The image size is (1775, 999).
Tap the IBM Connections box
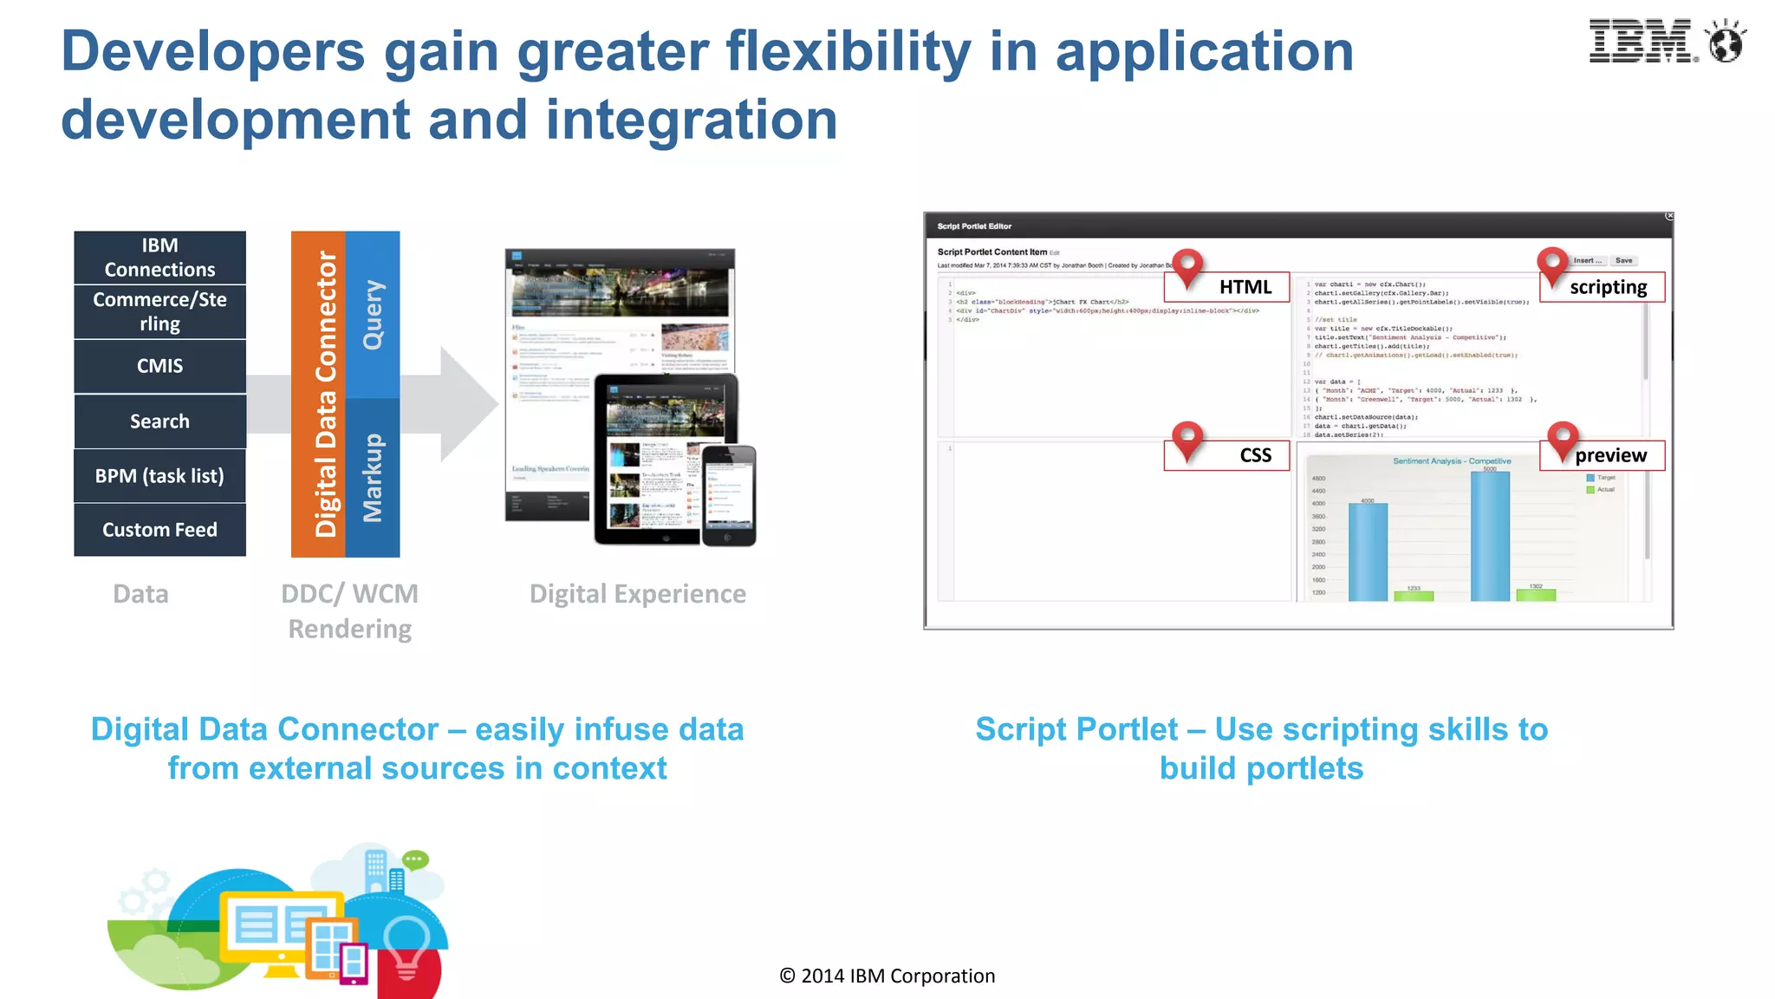click(x=159, y=258)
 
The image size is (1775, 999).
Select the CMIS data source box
click(x=159, y=366)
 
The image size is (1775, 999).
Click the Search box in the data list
click(x=159, y=421)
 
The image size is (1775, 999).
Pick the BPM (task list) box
click(x=159, y=476)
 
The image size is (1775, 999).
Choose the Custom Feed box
click(x=159, y=530)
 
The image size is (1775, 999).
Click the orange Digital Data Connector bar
click(x=318, y=395)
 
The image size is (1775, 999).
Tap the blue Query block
click(x=373, y=314)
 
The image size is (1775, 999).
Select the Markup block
click(x=373, y=478)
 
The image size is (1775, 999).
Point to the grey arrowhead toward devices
click(x=468, y=403)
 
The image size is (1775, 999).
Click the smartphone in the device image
click(x=729, y=495)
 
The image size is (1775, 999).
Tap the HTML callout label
click(x=1245, y=288)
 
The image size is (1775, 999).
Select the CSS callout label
click(x=1254, y=456)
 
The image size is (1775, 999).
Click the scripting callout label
click(x=1608, y=288)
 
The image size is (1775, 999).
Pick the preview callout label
click(x=1609, y=456)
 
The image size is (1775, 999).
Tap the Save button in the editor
click(x=1623, y=260)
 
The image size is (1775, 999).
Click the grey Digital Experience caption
click(x=637, y=594)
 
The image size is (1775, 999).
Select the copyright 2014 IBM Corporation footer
click(x=887, y=976)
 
